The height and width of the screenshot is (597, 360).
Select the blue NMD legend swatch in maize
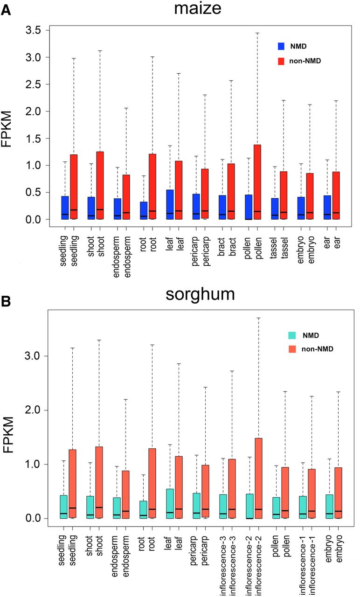point(281,46)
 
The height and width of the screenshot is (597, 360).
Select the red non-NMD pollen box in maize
point(257,182)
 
